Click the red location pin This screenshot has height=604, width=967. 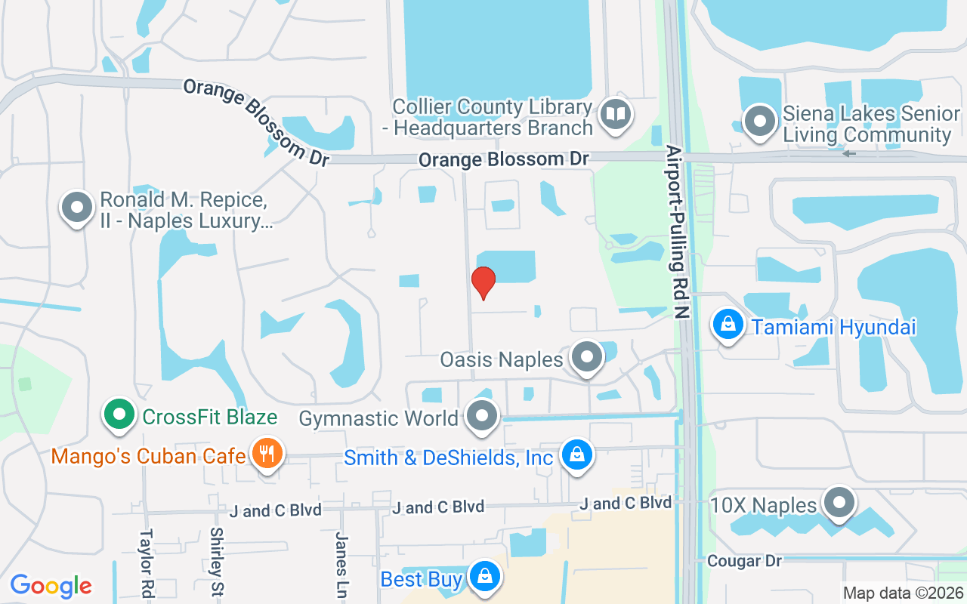tap(483, 282)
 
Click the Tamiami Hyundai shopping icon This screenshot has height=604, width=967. tap(728, 325)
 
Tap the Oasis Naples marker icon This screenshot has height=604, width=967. tap(587, 358)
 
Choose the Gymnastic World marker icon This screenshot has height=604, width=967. tap(482, 417)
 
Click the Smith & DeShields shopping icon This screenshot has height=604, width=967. tap(577, 456)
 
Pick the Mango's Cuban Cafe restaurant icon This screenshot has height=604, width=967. tap(266, 454)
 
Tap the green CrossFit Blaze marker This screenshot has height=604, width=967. tap(119, 414)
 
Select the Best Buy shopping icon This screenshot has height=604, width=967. tap(484, 578)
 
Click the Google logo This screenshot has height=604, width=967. tap(51, 585)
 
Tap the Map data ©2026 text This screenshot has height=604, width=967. tap(904, 593)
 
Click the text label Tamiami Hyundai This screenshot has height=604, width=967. tap(833, 327)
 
